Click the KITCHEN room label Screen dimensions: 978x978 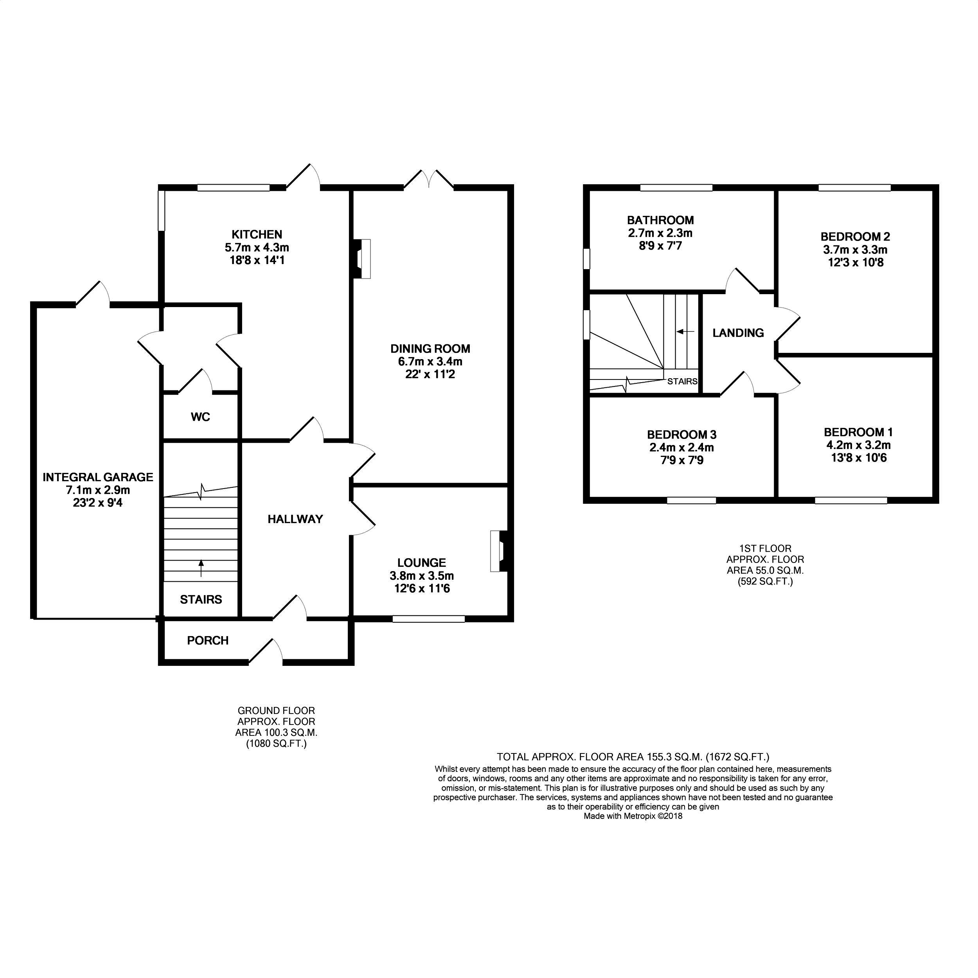(257, 234)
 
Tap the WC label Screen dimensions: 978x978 (200, 417)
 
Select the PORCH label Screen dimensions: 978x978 (208, 640)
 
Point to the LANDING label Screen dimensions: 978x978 (738, 333)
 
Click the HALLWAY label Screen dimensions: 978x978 (295, 519)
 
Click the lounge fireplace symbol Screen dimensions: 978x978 (499, 551)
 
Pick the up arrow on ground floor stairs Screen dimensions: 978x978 (201, 568)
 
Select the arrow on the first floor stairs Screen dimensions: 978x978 (685, 332)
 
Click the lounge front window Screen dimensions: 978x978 (428, 618)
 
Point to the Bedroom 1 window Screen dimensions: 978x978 (850, 500)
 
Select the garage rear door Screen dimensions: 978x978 (93, 294)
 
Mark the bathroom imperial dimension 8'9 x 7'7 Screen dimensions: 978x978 (660, 246)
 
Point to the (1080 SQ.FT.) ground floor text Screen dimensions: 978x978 (277, 744)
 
